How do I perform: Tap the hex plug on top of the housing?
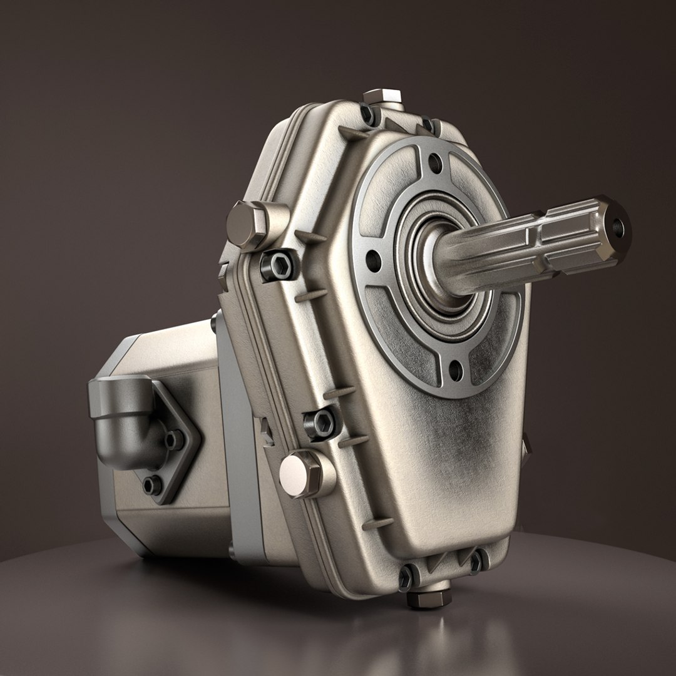382,97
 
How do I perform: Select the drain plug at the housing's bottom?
429,597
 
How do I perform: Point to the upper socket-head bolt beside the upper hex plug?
279,265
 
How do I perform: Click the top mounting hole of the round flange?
434,164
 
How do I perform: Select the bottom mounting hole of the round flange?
456,371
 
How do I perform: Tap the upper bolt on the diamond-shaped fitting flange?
173,440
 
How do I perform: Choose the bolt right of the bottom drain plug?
477,561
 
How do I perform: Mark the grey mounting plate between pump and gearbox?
241,451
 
